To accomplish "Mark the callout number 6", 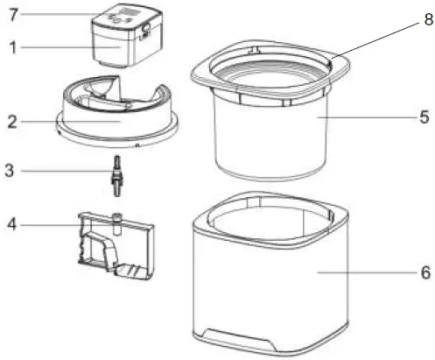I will (424, 272).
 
